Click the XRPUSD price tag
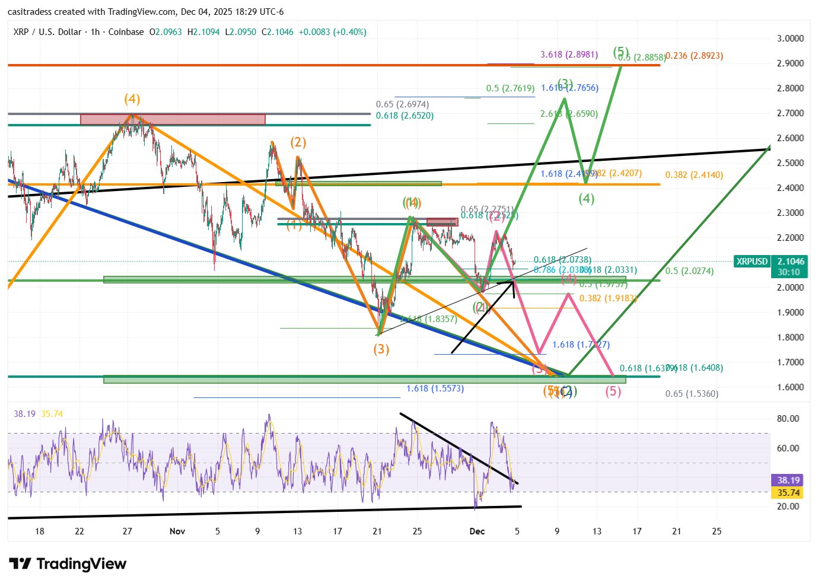[x=752, y=262]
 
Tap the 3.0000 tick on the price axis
[x=790, y=39]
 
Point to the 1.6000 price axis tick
[x=790, y=387]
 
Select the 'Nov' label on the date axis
[x=177, y=531]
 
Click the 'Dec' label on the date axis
[x=477, y=531]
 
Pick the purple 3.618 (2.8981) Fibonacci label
[x=569, y=55]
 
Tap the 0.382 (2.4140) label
[x=694, y=175]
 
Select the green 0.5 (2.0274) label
[x=689, y=271]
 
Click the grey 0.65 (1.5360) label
[x=692, y=394]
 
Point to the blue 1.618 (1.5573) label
[x=435, y=388]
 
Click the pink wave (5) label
[x=613, y=391]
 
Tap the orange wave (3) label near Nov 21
[x=381, y=349]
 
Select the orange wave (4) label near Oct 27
[x=132, y=99]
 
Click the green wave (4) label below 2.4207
[x=586, y=199]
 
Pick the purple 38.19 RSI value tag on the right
[x=788, y=480]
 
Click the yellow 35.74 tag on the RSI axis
[x=788, y=493]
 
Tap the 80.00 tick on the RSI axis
[x=788, y=419]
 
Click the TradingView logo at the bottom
[x=68, y=563]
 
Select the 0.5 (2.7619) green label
[x=510, y=88]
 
